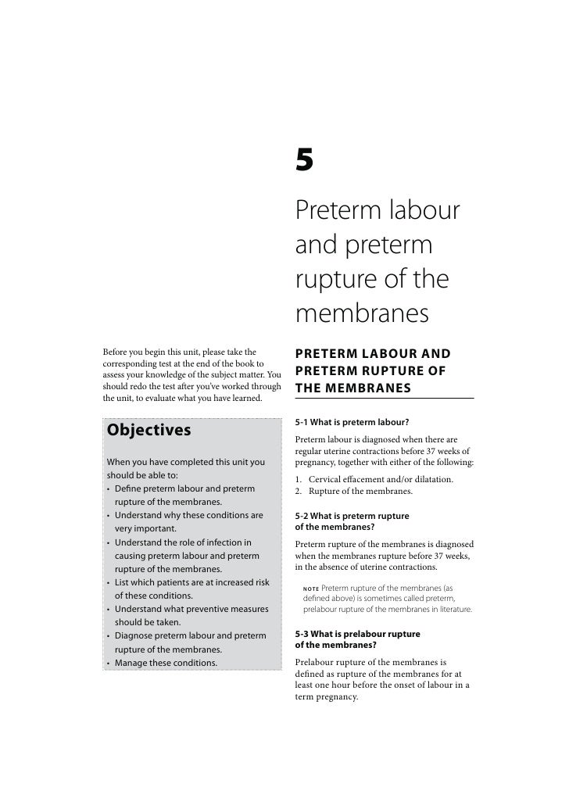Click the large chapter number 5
[x=304, y=162]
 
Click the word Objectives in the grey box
[x=149, y=431]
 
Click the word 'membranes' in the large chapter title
[x=363, y=314]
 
